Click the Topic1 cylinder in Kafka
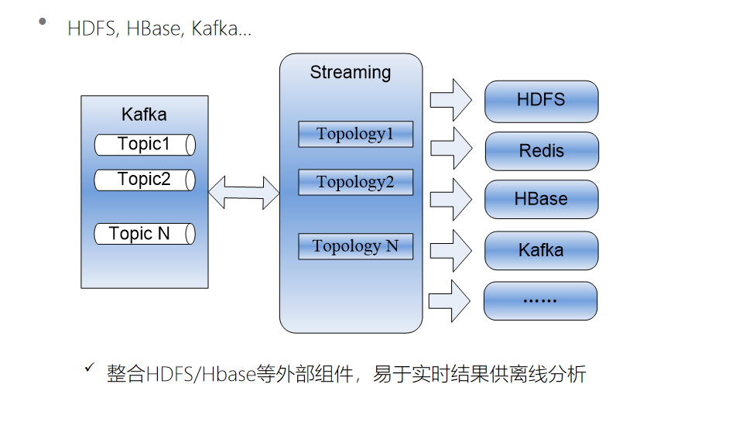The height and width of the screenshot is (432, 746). point(145,145)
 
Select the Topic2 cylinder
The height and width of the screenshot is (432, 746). point(145,180)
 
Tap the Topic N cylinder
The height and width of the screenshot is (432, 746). point(145,234)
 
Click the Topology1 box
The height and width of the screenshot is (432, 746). point(355,134)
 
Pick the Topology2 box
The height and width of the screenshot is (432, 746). point(355,183)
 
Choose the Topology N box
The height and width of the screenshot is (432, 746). point(355,246)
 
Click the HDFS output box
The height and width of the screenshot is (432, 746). point(541,101)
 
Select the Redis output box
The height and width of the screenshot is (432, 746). point(541,151)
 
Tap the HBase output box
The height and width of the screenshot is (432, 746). point(541,199)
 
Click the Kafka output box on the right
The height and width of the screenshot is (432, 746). point(541,250)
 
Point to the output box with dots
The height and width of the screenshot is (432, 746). point(540,300)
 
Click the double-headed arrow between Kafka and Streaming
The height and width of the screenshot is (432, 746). point(244,192)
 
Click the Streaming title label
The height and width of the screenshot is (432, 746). point(351,73)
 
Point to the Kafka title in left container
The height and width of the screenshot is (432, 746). point(144,115)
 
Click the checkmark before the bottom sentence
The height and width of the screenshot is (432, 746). point(90,367)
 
